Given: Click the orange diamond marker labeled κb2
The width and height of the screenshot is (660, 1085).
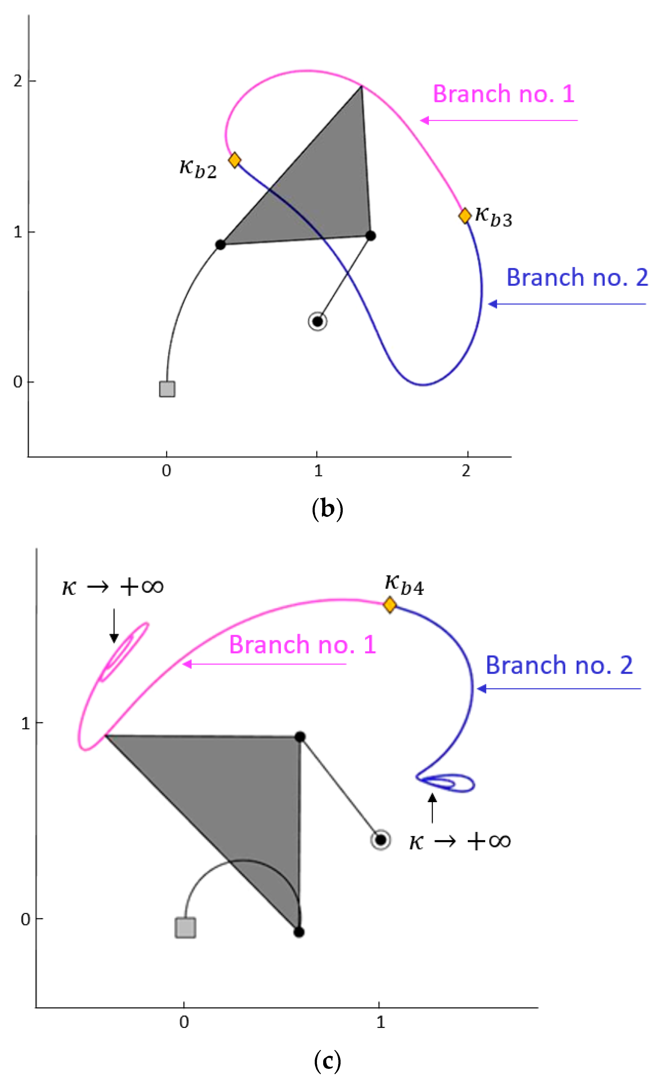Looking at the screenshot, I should [x=235, y=160].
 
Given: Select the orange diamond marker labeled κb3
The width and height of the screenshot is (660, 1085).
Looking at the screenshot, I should [x=465, y=216].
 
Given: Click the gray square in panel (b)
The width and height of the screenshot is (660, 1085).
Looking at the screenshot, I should [x=167, y=389].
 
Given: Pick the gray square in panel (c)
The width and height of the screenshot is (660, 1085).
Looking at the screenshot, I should [x=185, y=928].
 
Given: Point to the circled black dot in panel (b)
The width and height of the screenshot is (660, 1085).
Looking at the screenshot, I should [x=317, y=321].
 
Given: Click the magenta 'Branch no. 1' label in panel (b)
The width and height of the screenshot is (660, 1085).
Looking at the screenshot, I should [x=504, y=94].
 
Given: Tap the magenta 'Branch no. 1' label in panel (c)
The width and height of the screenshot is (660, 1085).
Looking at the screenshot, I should [x=303, y=645].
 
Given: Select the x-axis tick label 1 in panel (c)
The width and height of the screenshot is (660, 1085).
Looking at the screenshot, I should [x=380, y=1022].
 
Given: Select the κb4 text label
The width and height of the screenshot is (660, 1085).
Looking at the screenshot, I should [x=404, y=584].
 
